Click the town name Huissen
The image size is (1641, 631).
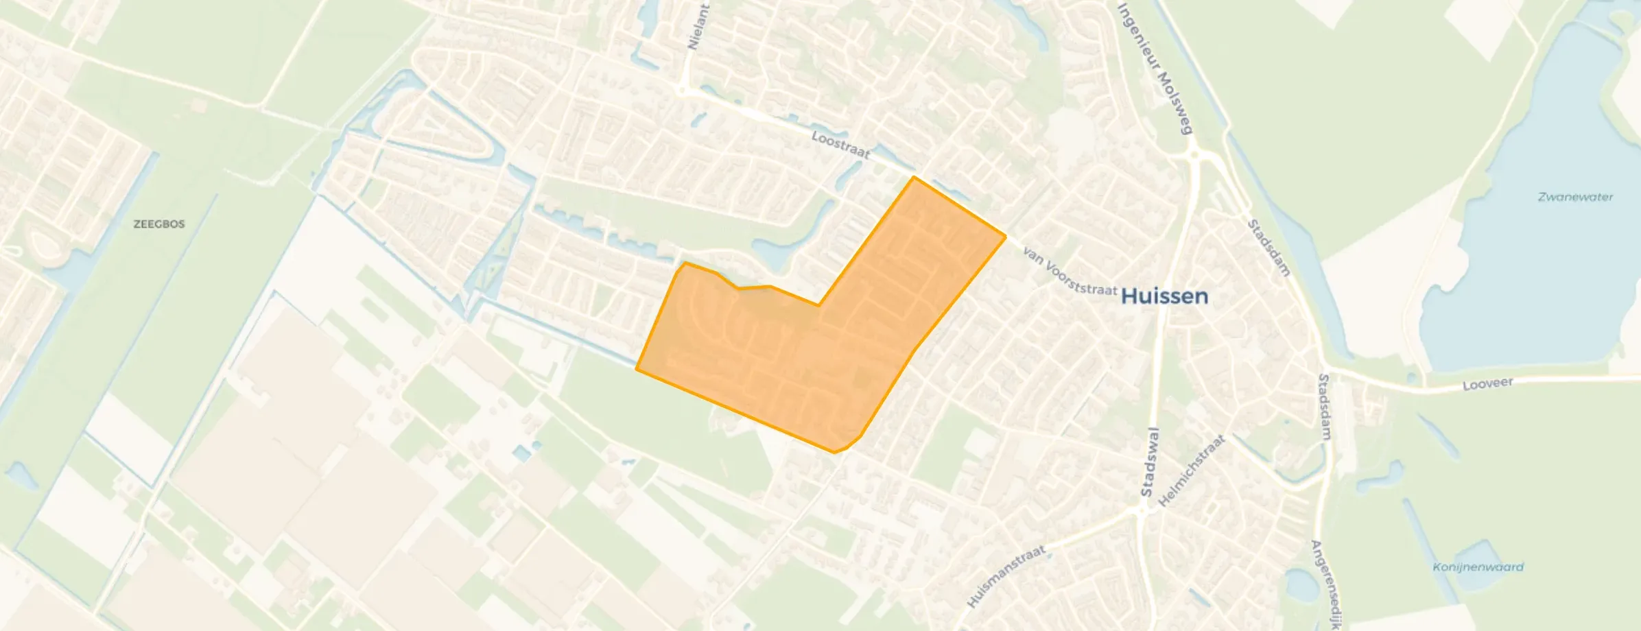[x=1164, y=296]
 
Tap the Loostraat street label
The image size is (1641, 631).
[x=840, y=145]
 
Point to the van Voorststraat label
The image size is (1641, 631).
[x=1070, y=271]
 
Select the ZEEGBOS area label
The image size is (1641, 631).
[x=158, y=224]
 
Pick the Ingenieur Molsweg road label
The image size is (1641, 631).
[x=1156, y=69]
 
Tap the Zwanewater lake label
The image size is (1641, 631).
[x=1575, y=198]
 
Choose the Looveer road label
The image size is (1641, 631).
[x=1487, y=384]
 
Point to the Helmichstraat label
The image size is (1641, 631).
[x=1191, y=471]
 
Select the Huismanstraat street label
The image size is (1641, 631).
[x=1006, y=575]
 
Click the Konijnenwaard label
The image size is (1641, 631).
[x=1478, y=567]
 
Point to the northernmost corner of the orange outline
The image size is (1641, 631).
[x=913, y=177]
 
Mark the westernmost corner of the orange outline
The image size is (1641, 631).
[x=637, y=369]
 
